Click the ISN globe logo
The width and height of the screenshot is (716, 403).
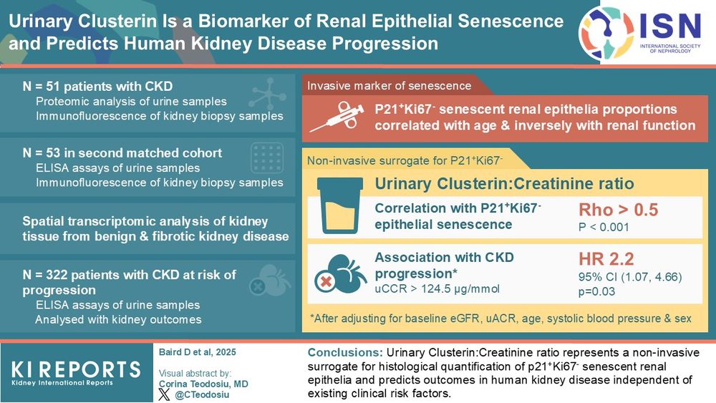[x=606, y=33]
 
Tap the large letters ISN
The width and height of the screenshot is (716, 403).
[x=670, y=26]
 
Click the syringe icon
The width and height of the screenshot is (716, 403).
[x=337, y=117]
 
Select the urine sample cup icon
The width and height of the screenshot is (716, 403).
[x=340, y=205]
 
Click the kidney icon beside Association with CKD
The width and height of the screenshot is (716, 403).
[x=341, y=274]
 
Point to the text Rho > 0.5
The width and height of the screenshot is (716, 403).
[x=619, y=210]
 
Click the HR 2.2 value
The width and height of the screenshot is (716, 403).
[x=606, y=259]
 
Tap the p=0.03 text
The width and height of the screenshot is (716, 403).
[x=597, y=291]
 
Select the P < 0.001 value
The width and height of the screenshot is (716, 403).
[x=604, y=228]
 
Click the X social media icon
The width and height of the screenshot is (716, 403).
[x=164, y=394]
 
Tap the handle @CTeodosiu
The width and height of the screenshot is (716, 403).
[x=202, y=395]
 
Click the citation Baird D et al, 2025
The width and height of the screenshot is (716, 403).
[x=198, y=352]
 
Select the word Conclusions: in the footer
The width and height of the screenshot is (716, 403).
[x=345, y=352]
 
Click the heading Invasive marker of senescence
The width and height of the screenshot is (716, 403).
[x=389, y=86]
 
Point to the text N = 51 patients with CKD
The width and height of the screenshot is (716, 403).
[x=97, y=87]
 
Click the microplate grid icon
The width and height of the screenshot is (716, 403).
[x=267, y=158]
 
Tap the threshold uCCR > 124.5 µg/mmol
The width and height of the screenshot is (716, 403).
[x=437, y=289]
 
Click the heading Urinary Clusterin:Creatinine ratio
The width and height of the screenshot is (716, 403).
[x=504, y=183]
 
